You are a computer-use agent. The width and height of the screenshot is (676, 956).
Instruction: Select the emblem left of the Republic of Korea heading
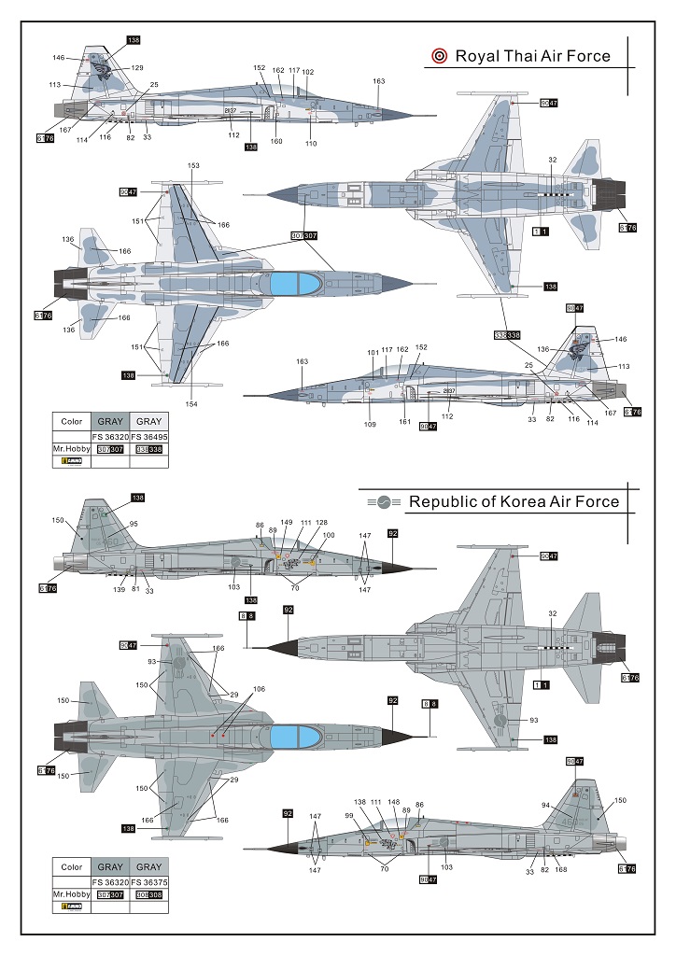[x=388, y=502]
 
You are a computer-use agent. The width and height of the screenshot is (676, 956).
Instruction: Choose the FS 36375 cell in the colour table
[x=148, y=880]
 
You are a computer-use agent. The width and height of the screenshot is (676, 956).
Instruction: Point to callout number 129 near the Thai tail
[x=137, y=68]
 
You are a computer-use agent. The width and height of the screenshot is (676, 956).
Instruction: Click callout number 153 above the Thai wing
[x=193, y=165]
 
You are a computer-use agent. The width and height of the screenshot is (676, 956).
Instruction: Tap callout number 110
[x=310, y=143]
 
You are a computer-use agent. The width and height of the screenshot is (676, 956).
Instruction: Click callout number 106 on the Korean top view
[x=259, y=689]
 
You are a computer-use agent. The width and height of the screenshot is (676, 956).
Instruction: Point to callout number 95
[x=133, y=523]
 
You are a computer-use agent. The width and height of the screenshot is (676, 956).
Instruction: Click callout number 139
[x=119, y=589]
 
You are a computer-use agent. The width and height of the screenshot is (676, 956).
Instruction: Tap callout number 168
[x=561, y=870]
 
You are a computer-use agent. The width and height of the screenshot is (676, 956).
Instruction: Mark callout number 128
[x=321, y=522]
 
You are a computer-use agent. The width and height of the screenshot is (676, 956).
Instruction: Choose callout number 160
[x=276, y=142]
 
